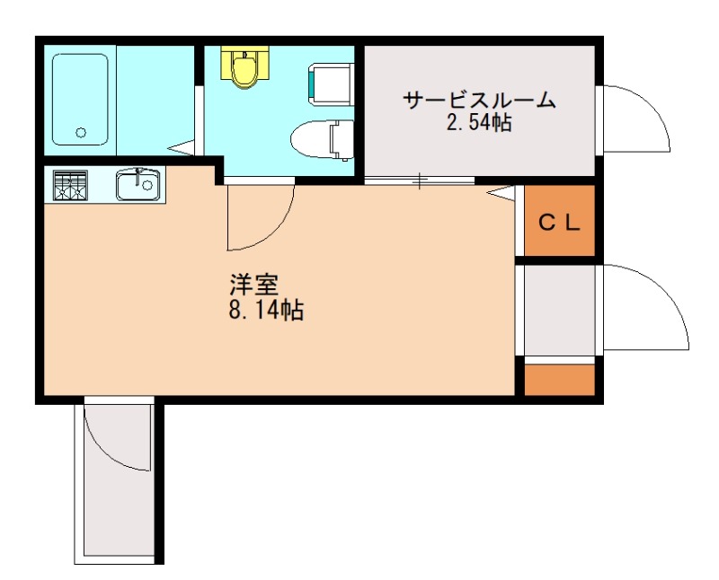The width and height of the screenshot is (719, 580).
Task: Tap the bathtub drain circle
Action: point(80,133)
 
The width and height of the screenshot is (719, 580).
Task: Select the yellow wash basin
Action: point(243,66)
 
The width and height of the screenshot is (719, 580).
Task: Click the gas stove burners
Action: point(70,186)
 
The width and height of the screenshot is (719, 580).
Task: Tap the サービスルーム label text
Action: point(478,101)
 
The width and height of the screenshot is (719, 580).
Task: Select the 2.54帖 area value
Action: point(478,124)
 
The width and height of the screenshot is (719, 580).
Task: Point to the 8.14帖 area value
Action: point(265,312)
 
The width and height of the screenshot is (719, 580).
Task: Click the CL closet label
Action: point(560,223)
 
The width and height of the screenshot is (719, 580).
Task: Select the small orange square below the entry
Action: point(560,380)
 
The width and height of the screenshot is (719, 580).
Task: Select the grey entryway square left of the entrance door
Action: point(560,310)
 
